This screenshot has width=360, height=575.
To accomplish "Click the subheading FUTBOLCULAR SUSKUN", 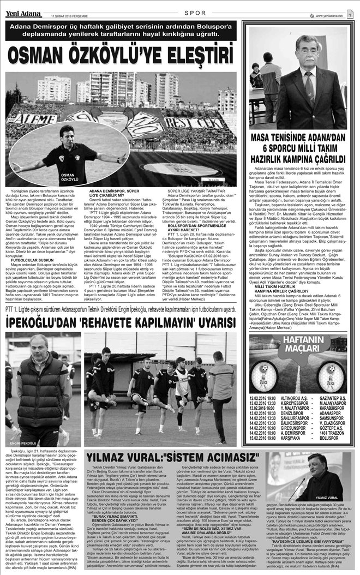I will click(34, 260).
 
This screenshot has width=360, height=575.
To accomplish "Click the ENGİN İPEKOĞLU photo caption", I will click(23, 442).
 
